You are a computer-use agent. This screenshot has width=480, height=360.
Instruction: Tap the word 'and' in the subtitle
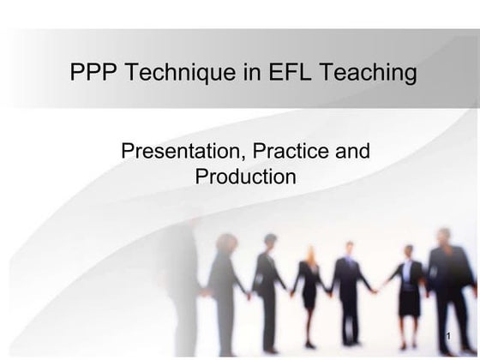click(x=352, y=153)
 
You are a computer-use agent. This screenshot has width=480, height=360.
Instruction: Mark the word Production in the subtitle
click(x=245, y=177)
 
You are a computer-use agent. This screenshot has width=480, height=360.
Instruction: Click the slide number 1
click(x=448, y=331)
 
